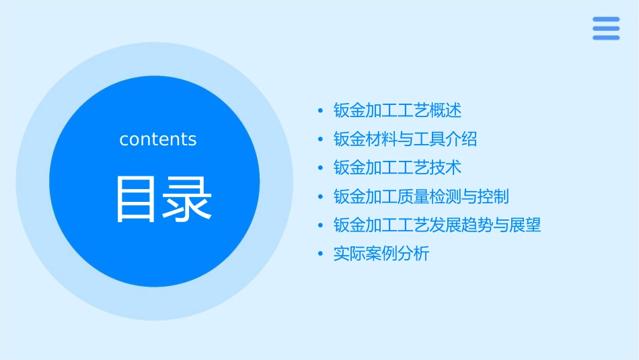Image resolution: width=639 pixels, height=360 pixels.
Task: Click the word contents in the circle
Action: pyautogui.click(x=158, y=139)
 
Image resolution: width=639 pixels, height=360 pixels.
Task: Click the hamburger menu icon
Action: pyautogui.click(x=606, y=28)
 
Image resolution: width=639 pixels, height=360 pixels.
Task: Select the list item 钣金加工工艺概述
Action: pyautogui.click(x=398, y=110)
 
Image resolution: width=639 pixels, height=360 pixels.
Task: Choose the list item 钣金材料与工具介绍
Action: pyautogui.click(x=405, y=139)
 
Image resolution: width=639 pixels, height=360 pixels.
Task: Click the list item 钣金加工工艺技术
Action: pyautogui.click(x=398, y=168)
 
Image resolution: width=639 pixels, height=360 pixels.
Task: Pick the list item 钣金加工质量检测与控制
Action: pyautogui.click(x=421, y=196)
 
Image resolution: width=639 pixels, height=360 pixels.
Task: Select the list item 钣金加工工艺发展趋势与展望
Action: pyautogui.click(x=437, y=225)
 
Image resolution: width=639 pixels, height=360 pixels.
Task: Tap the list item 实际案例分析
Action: pyautogui.click(x=381, y=254)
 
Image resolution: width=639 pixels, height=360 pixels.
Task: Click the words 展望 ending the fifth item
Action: pyautogui.click(x=525, y=225)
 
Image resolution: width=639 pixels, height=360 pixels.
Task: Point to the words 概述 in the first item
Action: pyautogui.click(x=446, y=110)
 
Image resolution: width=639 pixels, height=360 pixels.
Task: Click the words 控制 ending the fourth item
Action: pyautogui.click(x=493, y=196)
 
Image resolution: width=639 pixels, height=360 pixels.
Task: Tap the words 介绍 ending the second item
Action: pyautogui.click(x=461, y=139)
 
